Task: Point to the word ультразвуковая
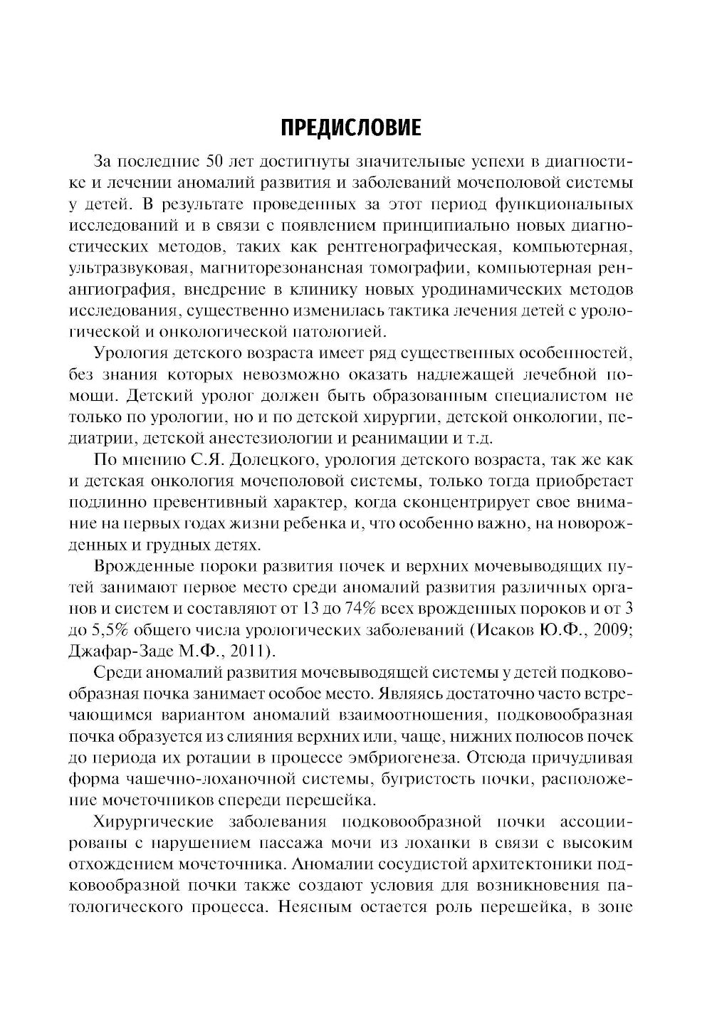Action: pyautogui.click(x=128, y=268)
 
